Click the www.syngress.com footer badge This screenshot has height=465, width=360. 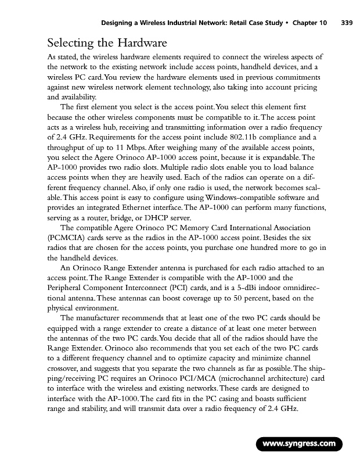point(300,445)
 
